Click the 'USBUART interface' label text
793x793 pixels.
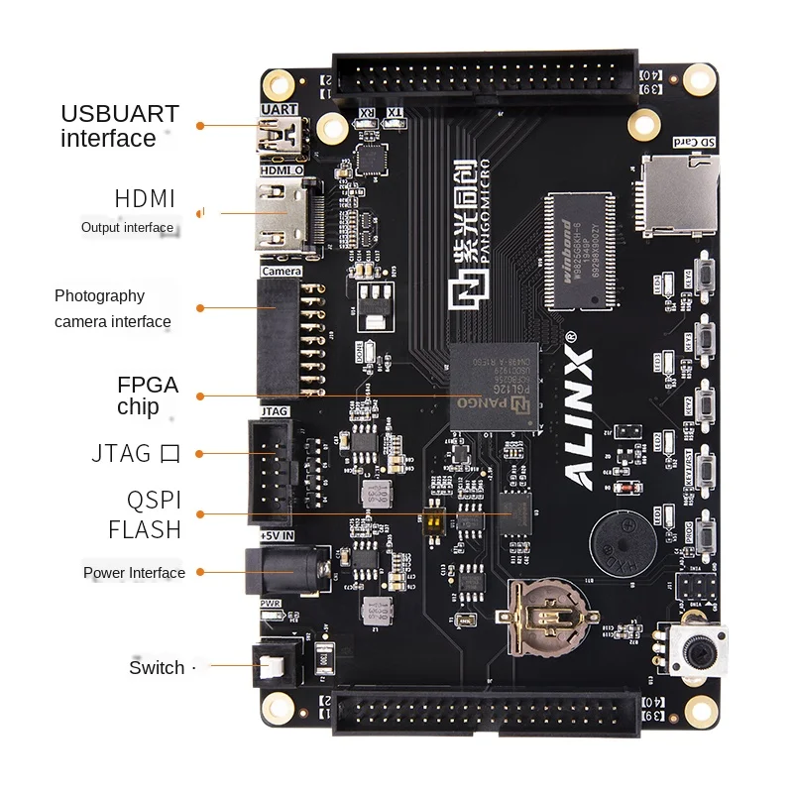coord(120,126)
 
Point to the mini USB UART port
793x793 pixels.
coord(282,137)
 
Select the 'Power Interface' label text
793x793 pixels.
coord(134,573)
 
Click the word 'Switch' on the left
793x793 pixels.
coord(157,667)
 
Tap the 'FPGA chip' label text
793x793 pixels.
coord(148,396)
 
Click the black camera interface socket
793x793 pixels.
coord(278,337)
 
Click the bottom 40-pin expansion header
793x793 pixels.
coord(486,715)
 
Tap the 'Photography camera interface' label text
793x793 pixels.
coord(112,308)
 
